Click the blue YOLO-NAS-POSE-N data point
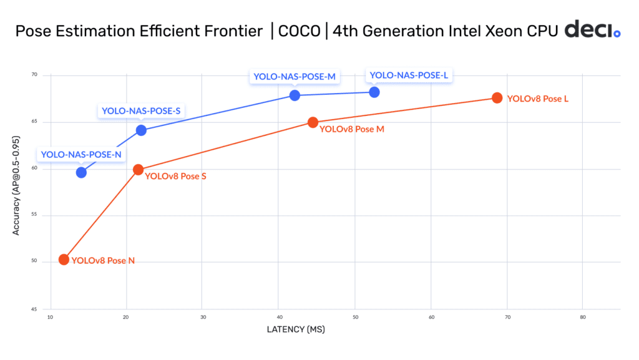click(81, 172)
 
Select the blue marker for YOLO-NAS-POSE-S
click(141, 130)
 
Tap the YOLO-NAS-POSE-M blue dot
click(295, 95)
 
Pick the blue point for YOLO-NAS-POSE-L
click(374, 92)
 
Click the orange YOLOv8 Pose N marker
click(64, 260)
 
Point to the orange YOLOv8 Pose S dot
click(139, 170)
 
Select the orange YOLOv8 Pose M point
click(313, 122)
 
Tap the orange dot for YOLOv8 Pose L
click(497, 98)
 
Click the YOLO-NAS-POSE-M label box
click(295, 77)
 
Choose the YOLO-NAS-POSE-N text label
click(81, 154)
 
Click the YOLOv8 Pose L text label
click(537, 99)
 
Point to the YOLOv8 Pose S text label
click(175, 177)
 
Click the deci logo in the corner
click(592, 30)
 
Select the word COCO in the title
click(299, 31)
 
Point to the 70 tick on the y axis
click(34, 75)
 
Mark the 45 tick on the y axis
click(34, 309)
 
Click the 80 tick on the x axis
click(582, 318)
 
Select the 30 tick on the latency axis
click(202, 318)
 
